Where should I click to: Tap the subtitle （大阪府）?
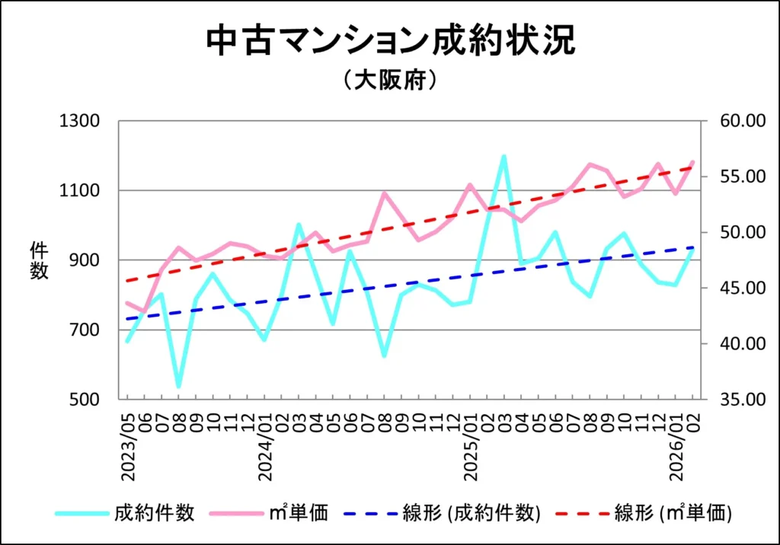(x=390, y=80)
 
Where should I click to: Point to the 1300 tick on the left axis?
(x=80, y=121)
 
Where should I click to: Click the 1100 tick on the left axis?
(x=80, y=190)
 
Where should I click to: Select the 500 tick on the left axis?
(x=83, y=400)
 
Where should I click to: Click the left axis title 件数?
(x=39, y=260)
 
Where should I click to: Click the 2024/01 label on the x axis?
(x=265, y=449)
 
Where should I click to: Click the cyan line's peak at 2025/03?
(x=503, y=156)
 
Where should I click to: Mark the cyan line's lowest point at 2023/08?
(x=179, y=386)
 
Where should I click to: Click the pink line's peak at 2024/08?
(x=384, y=193)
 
